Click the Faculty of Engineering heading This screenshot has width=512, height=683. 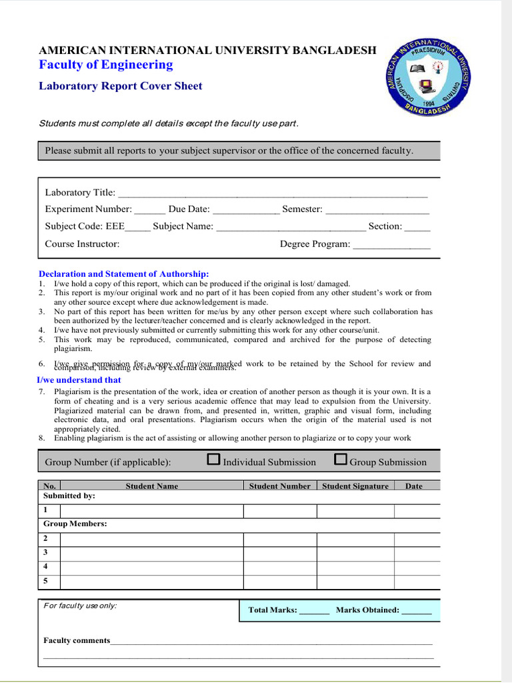tap(105, 65)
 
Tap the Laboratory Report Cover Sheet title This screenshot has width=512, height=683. tap(120, 86)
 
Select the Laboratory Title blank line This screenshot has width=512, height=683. tap(272, 193)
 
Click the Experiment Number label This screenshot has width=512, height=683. tap(88, 209)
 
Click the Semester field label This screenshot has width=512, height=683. tap(302, 209)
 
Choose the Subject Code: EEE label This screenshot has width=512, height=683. tap(85, 226)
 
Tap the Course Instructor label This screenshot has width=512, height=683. tap(82, 244)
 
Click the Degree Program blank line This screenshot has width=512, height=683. tap(391, 245)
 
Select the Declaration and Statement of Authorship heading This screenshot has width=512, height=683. tap(123, 274)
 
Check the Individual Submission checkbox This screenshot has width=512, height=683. tap(214, 460)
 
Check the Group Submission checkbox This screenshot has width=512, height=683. tap(341, 460)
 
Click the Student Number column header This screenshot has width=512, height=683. tap(279, 486)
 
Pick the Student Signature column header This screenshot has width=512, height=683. tap(355, 486)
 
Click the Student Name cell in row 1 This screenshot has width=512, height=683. tap(151, 511)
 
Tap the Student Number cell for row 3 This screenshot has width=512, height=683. tap(279, 552)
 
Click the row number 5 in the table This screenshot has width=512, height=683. tap(45, 581)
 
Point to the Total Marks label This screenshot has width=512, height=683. tap(272, 610)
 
